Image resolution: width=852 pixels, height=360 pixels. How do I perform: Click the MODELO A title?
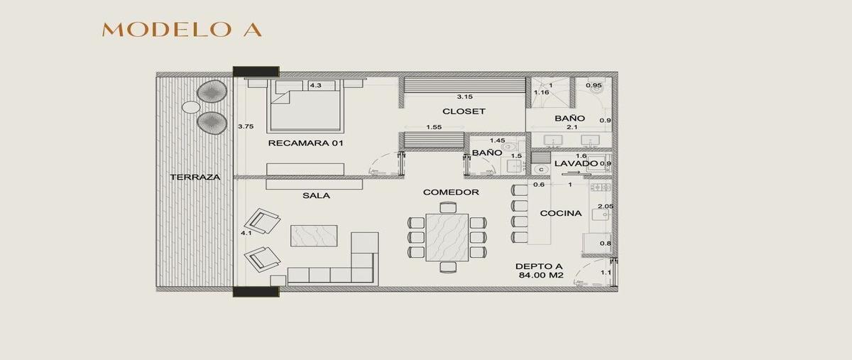click(x=182, y=30)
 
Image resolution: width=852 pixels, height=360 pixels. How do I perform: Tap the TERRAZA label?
click(x=195, y=177)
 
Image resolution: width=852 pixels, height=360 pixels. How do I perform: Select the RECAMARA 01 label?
click(x=305, y=143)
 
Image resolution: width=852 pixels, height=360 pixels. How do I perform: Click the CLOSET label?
click(x=464, y=111)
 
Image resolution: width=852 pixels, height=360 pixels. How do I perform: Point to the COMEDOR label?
click(x=451, y=192)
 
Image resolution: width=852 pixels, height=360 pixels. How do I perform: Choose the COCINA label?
click(x=561, y=213)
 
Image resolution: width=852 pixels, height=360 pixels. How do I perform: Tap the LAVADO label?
click(x=577, y=163)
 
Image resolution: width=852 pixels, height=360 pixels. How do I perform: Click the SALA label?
click(x=316, y=195)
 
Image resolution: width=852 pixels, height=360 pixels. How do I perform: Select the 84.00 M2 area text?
click(x=541, y=275)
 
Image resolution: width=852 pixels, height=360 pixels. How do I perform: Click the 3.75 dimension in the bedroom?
click(x=246, y=126)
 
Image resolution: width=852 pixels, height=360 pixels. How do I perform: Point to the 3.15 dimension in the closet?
click(x=465, y=97)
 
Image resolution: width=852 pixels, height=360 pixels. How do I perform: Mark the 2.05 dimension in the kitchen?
click(x=606, y=206)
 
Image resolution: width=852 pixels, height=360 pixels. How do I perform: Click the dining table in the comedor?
click(x=447, y=237)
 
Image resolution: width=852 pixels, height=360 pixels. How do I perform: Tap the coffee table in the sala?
click(x=314, y=236)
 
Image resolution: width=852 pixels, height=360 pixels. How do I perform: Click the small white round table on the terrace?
click(x=190, y=107)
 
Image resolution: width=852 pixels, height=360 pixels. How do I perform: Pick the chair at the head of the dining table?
click(x=448, y=207)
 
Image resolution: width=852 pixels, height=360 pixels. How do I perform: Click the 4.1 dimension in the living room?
click(x=246, y=233)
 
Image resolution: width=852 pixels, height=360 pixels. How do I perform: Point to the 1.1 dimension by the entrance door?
click(x=606, y=273)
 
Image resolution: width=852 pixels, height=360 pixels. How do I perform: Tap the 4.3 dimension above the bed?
click(x=315, y=85)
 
